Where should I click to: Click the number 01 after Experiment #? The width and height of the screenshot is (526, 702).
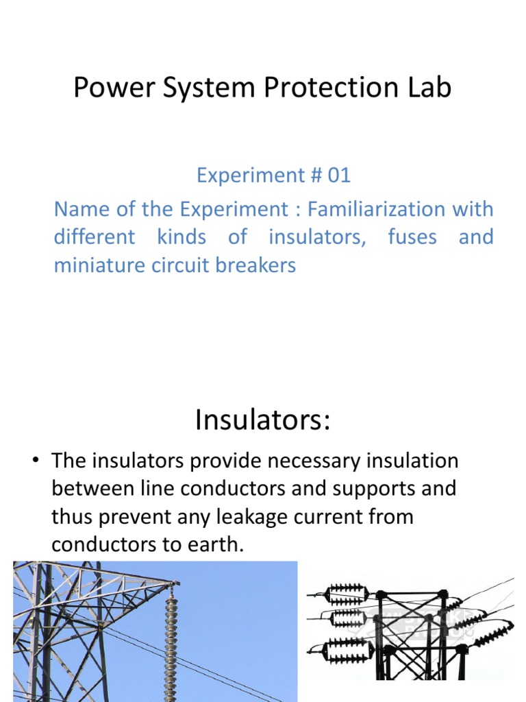pyautogui.click(x=338, y=175)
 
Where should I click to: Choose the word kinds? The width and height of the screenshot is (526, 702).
pyautogui.click(x=181, y=237)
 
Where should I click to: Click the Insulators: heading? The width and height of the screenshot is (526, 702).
pyautogui.click(x=262, y=420)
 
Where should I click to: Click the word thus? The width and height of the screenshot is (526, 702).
pyautogui.click(x=73, y=516)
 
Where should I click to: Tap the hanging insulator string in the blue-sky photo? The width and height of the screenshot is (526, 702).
pyautogui.click(x=170, y=631)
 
